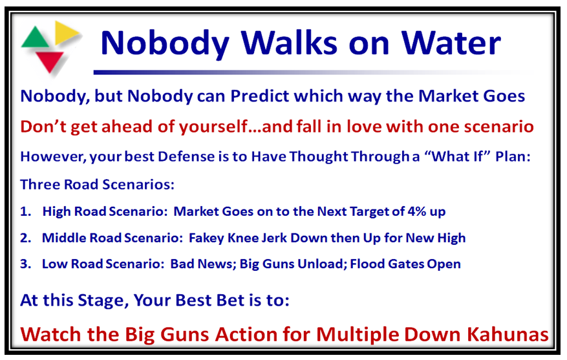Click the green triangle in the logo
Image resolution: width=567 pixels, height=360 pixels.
tap(35, 39)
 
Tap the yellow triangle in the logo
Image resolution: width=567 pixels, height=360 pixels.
tap(65, 32)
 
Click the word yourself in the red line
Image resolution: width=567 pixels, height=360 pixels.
tap(213, 127)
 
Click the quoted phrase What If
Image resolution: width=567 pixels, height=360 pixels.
tap(456, 156)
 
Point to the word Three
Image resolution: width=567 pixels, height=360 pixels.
tap(40, 184)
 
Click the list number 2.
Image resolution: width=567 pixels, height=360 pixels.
tap(25, 238)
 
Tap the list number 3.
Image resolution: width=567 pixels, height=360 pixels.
tap(25, 264)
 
